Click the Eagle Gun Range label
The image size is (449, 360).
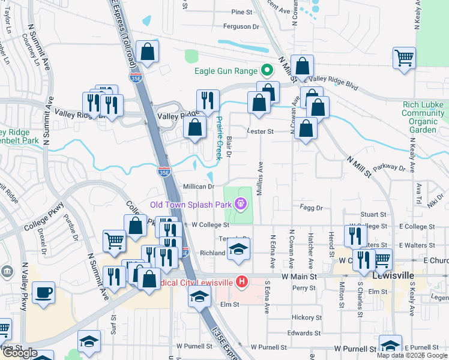click(x=225, y=71)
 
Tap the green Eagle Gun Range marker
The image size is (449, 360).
click(x=267, y=71)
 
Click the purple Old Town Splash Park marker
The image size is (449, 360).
click(x=241, y=205)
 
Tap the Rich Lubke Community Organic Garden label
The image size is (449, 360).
click(x=423, y=117)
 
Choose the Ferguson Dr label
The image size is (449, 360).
click(x=241, y=26)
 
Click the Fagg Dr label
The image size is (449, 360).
click(x=310, y=208)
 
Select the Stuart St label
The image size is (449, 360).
click(x=373, y=214)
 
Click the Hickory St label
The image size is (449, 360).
click(x=307, y=317)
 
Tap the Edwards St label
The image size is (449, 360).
click(x=317, y=333)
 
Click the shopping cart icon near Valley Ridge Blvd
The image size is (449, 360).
click(x=404, y=59)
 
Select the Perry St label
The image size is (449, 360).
click(x=304, y=288)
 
